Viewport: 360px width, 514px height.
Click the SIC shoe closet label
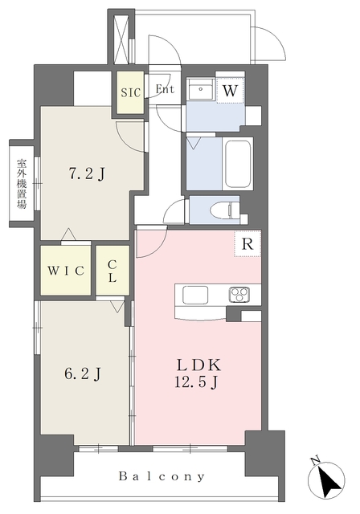[130, 92]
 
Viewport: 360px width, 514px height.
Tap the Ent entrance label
[165, 89]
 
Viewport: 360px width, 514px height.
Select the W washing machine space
[230, 91]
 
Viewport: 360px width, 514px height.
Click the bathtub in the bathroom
[237, 164]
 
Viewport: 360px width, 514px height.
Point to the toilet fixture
[227, 210]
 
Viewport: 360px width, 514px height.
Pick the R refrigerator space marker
[247, 243]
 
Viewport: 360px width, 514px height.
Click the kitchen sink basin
[195, 295]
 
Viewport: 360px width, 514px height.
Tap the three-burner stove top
[239, 294]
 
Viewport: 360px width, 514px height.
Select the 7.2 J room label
[87, 174]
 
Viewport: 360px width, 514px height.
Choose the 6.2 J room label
[82, 374]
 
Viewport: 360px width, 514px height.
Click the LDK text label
[198, 365]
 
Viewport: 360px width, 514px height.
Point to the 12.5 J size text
[196, 382]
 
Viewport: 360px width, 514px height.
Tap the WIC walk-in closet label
[66, 271]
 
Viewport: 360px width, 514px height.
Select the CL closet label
[112, 271]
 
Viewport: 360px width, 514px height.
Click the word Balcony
[162, 476]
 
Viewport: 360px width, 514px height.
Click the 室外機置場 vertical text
[22, 184]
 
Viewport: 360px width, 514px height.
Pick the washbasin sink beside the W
[200, 89]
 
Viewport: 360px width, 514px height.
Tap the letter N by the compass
[316, 460]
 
